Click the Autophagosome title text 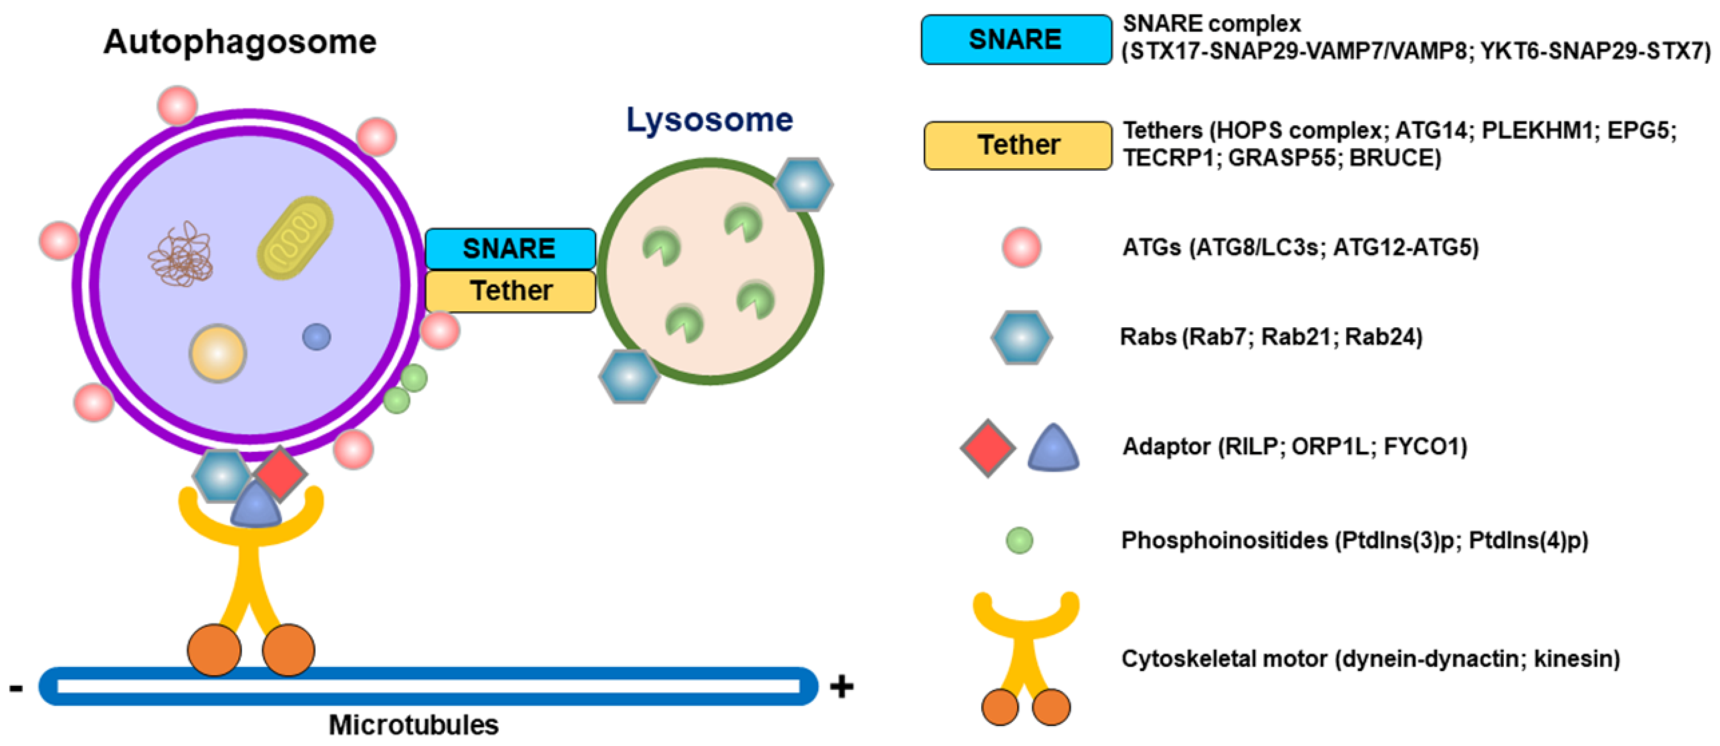click(x=240, y=42)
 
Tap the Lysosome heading click(x=709, y=120)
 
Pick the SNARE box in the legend click(x=1015, y=39)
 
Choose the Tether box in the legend click(x=1018, y=145)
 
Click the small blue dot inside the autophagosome click(x=316, y=337)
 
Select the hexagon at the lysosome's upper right click(x=803, y=185)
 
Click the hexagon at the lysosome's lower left click(x=629, y=376)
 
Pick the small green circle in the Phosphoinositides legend click(x=1019, y=540)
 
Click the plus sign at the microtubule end click(x=841, y=686)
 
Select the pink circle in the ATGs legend click(x=1021, y=247)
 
